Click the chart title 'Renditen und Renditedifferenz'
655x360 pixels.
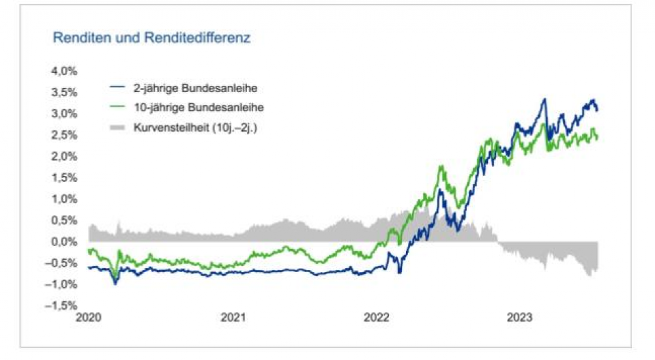click(151, 38)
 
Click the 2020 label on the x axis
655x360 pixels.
click(88, 318)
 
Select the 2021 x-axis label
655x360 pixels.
click(233, 318)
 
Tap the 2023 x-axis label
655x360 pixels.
click(521, 318)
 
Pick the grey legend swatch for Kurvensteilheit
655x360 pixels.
click(117, 127)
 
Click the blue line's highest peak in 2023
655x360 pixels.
click(544, 100)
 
